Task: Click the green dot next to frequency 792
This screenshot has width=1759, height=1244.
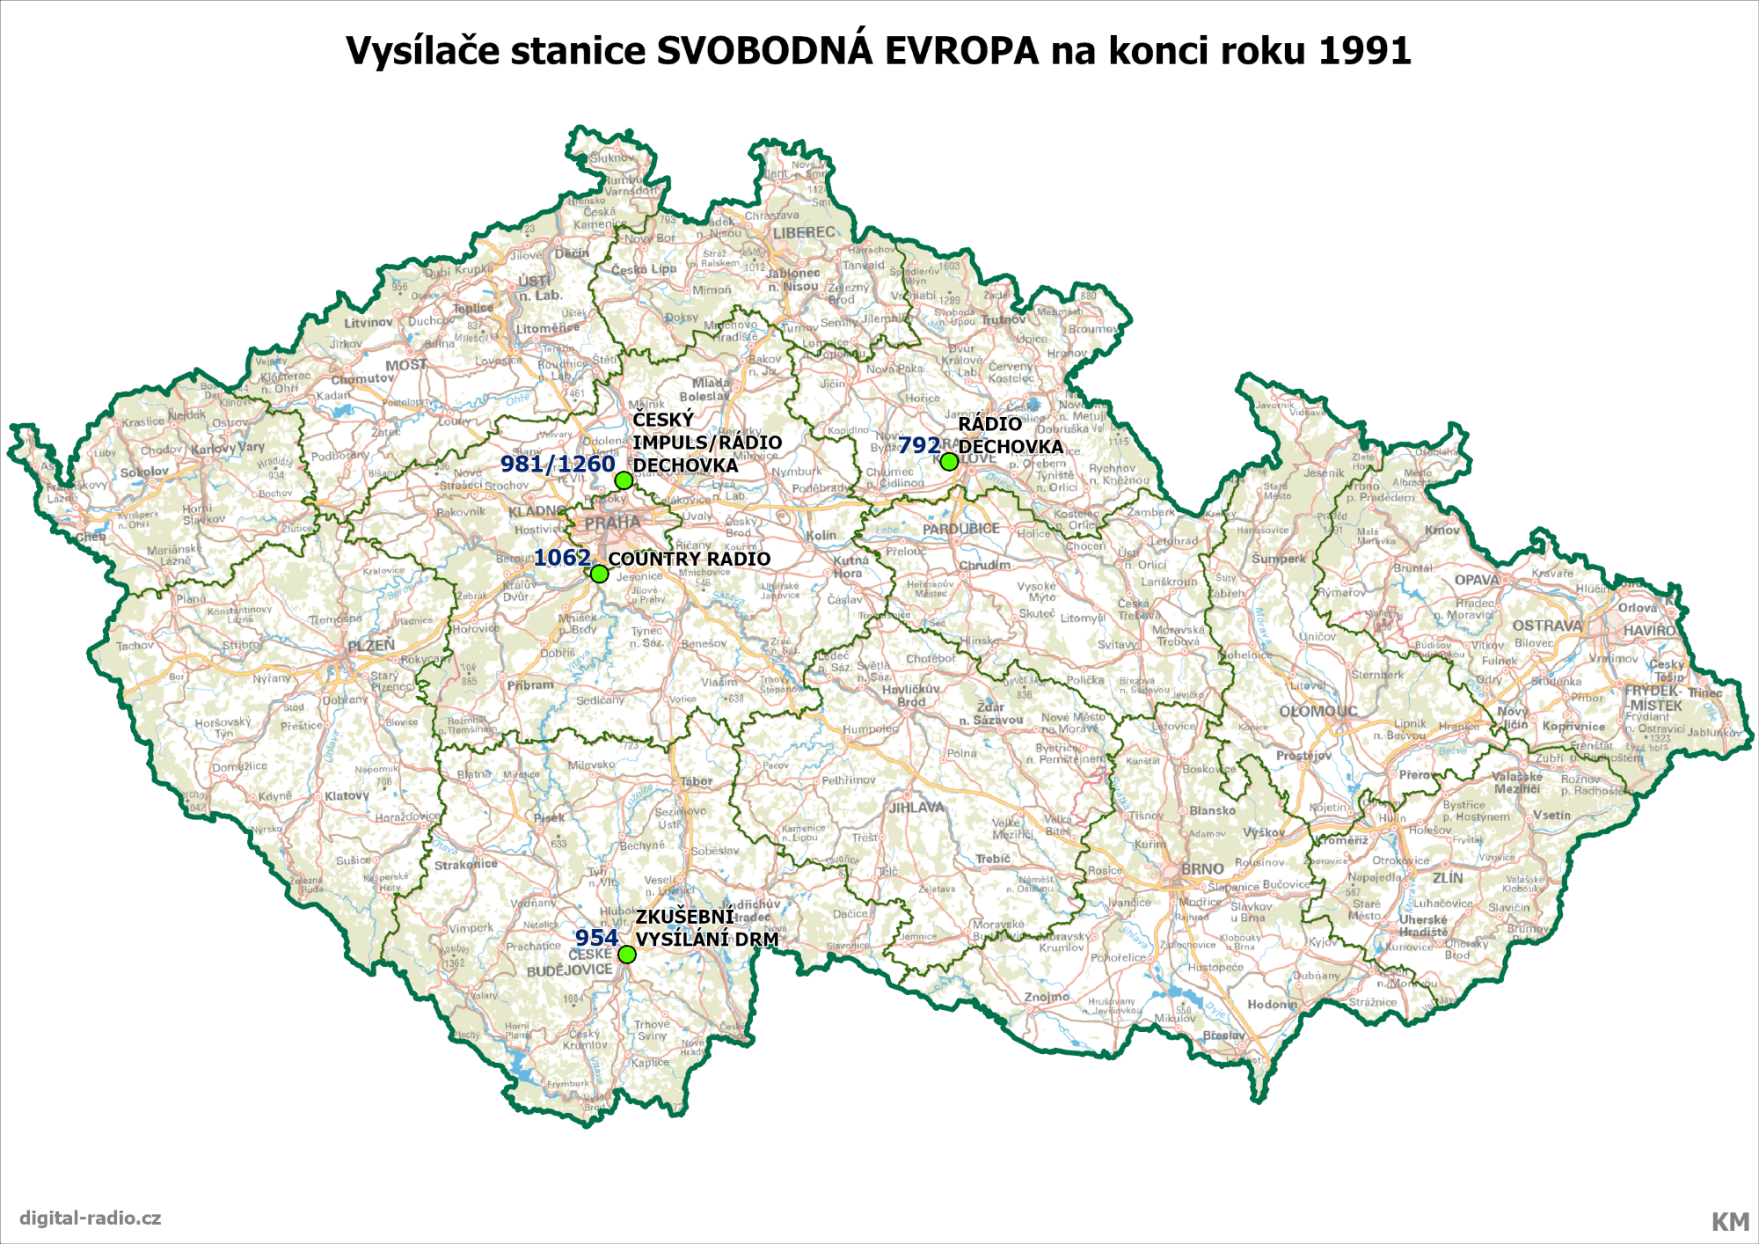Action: [949, 461]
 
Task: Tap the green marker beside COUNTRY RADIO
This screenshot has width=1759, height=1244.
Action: [599, 574]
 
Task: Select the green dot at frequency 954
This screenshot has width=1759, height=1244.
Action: [626, 955]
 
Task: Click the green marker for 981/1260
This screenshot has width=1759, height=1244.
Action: [624, 479]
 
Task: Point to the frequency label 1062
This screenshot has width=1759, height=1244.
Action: [562, 558]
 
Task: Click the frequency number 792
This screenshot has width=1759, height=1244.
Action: [919, 446]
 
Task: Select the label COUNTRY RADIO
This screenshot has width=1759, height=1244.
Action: [689, 560]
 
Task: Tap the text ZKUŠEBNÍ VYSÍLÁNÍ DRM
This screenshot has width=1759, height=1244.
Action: [706, 928]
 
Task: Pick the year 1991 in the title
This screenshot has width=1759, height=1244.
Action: [1364, 51]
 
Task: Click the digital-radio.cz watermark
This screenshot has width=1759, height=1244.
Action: [90, 1218]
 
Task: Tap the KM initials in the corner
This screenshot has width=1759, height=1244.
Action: [1729, 1222]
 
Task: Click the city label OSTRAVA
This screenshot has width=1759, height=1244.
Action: [1547, 626]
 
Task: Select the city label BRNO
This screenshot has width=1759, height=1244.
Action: [1201, 869]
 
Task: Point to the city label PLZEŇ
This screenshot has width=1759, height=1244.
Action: [370, 646]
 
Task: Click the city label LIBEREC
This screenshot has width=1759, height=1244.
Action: [804, 232]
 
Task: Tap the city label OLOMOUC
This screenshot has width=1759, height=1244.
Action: [1317, 711]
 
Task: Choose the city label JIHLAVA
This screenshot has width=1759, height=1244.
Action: [916, 807]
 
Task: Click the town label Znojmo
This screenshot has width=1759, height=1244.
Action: [1047, 997]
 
